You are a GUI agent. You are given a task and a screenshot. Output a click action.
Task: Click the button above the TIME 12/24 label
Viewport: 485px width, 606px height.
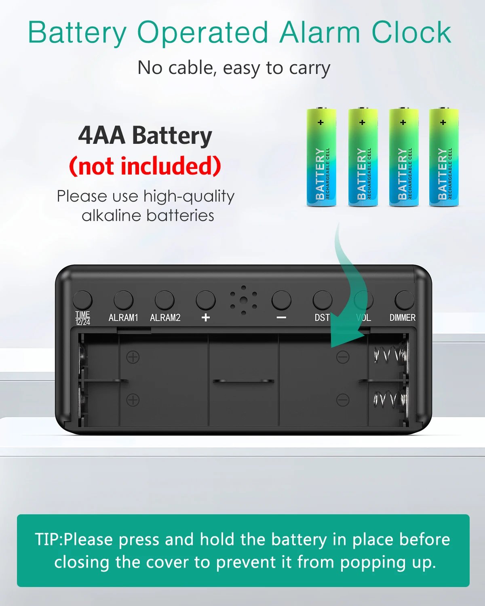[82, 300]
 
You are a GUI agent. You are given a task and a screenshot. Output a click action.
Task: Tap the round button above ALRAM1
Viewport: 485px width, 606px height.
[123, 300]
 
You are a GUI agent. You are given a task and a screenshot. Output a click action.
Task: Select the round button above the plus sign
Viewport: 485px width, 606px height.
[206, 300]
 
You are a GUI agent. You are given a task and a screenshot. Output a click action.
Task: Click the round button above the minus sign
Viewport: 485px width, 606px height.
[281, 300]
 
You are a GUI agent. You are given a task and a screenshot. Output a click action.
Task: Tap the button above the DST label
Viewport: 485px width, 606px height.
[323, 300]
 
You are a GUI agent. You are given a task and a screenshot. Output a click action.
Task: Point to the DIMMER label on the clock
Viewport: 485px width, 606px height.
[403, 318]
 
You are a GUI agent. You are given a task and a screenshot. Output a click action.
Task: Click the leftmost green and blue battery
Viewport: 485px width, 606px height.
[321, 157]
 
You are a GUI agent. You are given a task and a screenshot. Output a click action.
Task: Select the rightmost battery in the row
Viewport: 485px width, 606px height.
[444, 157]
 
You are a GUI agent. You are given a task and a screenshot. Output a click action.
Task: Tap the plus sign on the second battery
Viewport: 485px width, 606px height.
[363, 122]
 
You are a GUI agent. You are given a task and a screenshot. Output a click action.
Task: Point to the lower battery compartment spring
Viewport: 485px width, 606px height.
[390, 399]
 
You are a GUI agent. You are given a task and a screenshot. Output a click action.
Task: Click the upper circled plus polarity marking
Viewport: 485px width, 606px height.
[133, 357]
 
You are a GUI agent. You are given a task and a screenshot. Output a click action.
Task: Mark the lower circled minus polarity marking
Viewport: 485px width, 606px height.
[343, 400]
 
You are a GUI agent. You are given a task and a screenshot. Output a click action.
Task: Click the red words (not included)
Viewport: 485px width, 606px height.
[145, 166]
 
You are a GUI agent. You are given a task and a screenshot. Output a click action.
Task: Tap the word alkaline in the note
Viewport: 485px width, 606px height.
[112, 216]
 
